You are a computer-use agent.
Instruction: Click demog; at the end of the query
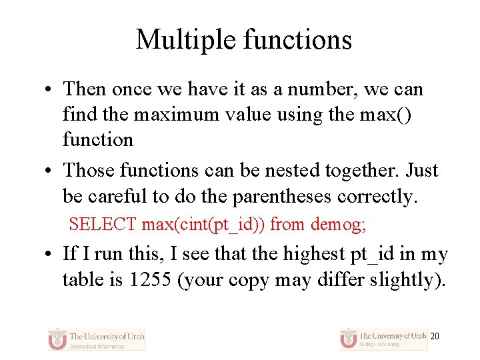click(x=338, y=225)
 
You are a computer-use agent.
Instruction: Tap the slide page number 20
click(x=435, y=337)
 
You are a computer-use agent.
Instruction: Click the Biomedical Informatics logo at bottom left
click(x=97, y=339)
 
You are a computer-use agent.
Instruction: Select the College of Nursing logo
click(x=383, y=338)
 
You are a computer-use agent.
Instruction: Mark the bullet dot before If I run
click(x=50, y=255)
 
